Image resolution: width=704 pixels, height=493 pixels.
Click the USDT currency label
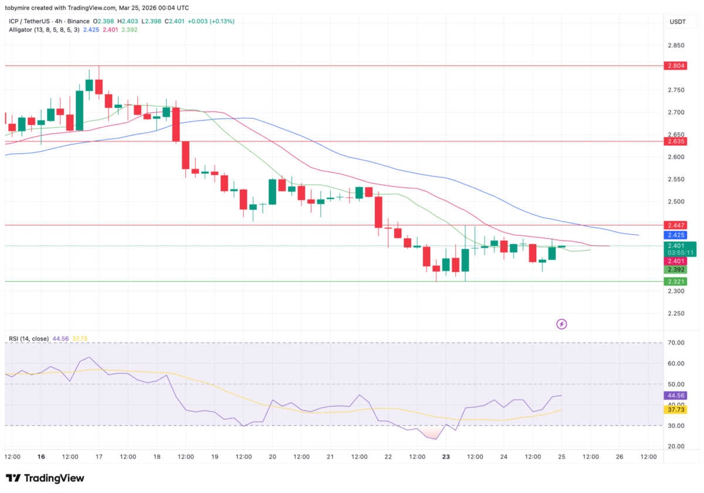(x=678, y=22)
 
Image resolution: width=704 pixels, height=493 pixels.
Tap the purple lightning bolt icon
(x=561, y=323)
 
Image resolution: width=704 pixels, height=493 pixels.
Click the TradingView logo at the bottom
(x=45, y=478)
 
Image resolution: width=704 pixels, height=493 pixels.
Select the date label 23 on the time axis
(x=446, y=457)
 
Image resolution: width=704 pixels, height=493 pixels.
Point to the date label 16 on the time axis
(x=41, y=457)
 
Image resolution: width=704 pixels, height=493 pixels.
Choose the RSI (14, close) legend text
(x=28, y=339)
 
